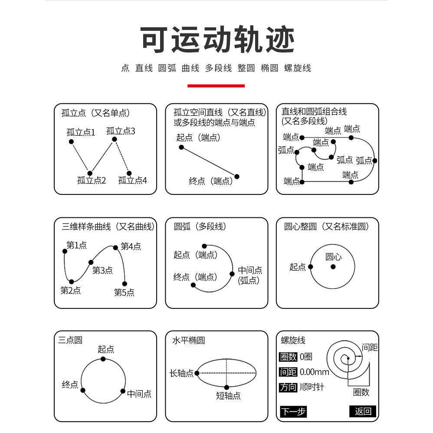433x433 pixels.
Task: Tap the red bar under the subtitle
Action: tap(216, 85)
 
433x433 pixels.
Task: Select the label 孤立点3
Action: tap(121, 131)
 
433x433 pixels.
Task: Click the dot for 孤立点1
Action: tap(71, 142)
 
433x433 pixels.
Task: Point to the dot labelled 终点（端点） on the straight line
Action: tap(237, 176)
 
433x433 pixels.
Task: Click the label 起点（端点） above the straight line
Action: tap(198, 138)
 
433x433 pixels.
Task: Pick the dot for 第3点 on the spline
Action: tap(91, 262)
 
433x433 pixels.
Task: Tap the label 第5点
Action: tap(124, 292)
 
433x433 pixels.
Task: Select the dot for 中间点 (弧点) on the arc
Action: tap(232, 274)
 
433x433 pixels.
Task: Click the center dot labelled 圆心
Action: tap(333, 266)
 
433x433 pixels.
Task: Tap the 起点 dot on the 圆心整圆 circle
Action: tap(310, 266)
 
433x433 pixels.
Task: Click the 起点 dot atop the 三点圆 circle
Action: tap(103, 359)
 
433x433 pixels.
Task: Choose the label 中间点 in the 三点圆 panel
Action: tap(139, 394)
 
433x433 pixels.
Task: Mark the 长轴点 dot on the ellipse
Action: tap(197, 373)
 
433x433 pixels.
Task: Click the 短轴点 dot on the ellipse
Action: tap(226, 387)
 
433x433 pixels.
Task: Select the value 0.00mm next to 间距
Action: tap(315, 372)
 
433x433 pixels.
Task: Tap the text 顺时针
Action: tap(312, 387)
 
